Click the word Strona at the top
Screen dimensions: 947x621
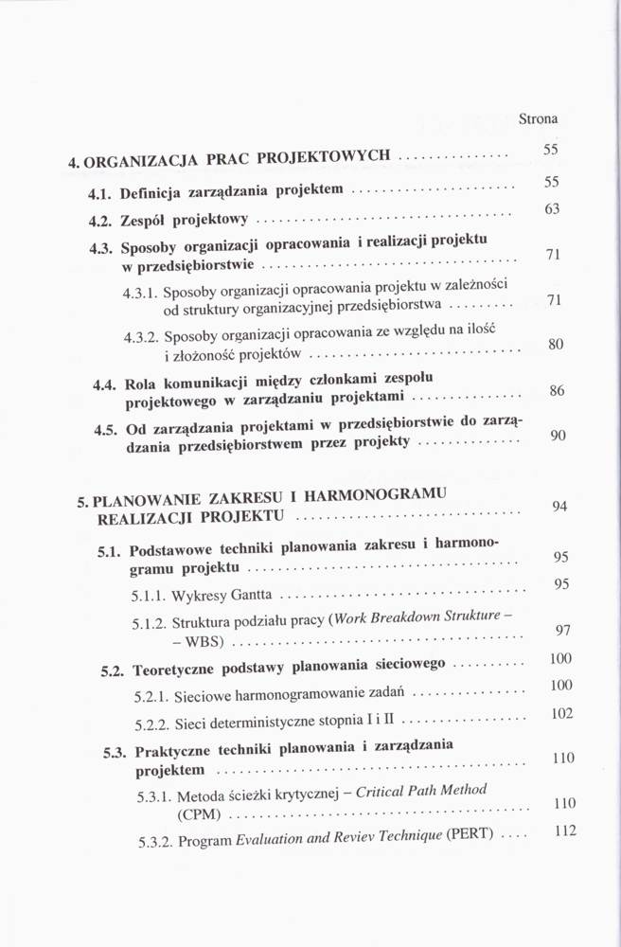538,119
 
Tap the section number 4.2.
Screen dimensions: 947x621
100,222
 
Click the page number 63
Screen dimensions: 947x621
553,208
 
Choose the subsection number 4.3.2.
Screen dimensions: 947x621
141,337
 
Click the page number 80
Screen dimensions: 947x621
557,345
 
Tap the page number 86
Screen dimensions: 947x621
557,390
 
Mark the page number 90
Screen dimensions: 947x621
558,436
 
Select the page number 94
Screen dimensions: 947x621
559,507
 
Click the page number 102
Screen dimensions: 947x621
562,713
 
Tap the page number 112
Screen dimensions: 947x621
565,832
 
